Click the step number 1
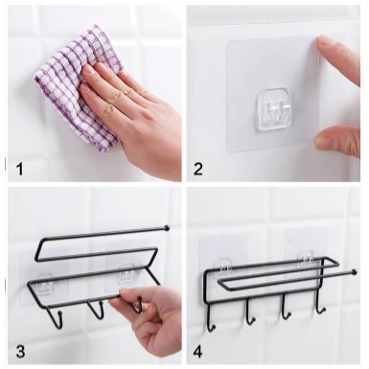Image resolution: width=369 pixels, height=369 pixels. point(20,169)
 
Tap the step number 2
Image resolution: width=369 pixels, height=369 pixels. point(197,169)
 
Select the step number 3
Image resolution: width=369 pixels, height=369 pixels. point(20,352)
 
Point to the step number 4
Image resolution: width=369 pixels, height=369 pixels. point(197,352)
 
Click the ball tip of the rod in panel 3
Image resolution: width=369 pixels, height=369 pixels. point(167,228)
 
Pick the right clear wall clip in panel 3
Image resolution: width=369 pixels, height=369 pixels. point(127,273)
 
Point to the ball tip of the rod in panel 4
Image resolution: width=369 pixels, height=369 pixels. point(354,272)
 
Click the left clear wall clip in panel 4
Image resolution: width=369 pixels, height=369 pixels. point(224,266)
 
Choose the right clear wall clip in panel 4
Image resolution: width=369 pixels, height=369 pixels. point(305,260)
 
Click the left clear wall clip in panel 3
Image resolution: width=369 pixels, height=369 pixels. point(46,281)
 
